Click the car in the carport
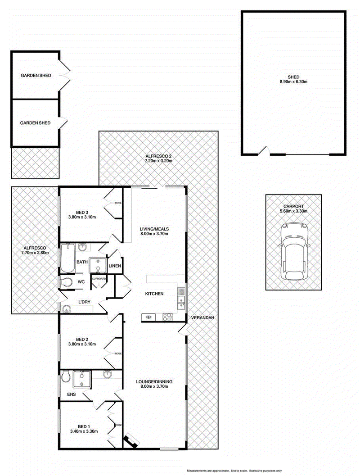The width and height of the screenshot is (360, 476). (295, 252)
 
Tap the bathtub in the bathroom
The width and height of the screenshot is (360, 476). (67, 258)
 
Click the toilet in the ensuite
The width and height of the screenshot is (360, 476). (65, 378)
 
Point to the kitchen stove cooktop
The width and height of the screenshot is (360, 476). (167, 317)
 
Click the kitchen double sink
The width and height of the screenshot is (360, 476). (181, 299)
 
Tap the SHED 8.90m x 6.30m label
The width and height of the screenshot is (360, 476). (293, 79)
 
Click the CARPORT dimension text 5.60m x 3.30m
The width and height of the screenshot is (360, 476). (293, 211)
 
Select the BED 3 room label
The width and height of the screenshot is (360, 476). (82, 213)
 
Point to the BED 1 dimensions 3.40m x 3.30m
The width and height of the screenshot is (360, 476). (84, 431)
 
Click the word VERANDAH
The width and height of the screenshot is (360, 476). (202, 317)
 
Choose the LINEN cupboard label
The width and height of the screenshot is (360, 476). (115, 266)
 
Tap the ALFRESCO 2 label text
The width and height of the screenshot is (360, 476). (158, 156)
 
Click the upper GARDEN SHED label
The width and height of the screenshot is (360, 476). (36, 75)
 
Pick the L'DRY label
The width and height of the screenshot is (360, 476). (84, 302)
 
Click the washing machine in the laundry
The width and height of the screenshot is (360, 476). (66, 309)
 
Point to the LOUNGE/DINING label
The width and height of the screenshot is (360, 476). (154, 381)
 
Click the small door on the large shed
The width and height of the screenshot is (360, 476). (264, 151)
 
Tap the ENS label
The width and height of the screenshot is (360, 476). (71, 394)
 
